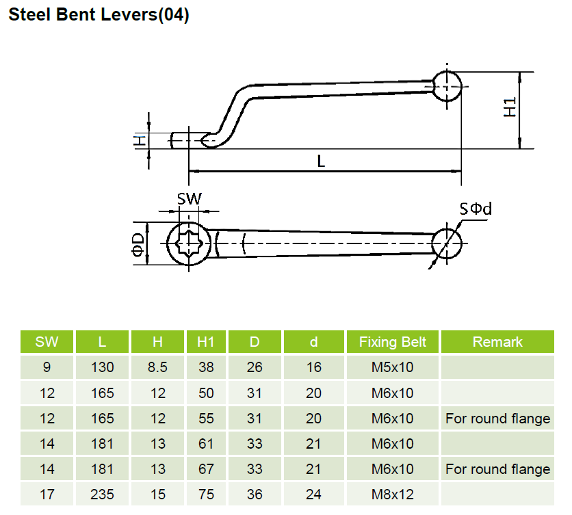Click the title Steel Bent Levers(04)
click(x=99, y=15)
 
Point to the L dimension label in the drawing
click(x=321, y=161)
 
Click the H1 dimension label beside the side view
click(x=510, y=107)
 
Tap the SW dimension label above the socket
click(x=190, y=199)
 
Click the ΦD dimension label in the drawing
click(x=138, y=243)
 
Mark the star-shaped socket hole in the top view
click(x=186, y=242)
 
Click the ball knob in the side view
click(x=447, y=86)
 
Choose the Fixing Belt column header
click(x=392, y=342)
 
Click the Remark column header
click(x=497, y=342)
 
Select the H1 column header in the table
click(x=206, y=342)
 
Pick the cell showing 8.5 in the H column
click(x=157, y=367)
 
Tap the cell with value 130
click(x=103, y=367)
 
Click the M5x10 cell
click(x=392, y=367)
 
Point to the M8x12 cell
click(x=392, y=494)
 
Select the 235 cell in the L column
click(x=103, y=494)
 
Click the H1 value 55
click(x=206, y=419)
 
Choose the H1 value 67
click(x=206, y=469)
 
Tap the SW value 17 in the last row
click(x=47, y=494)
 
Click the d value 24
click(x=313, y=494)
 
